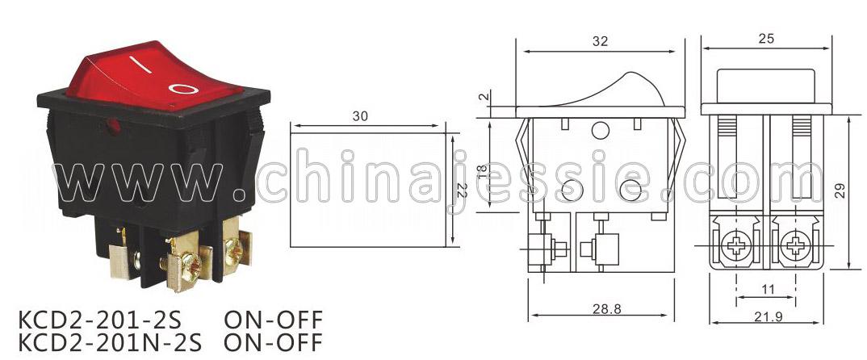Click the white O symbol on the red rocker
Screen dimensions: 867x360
[x=183, y=88]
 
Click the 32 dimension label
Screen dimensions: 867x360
[x=600, y=41]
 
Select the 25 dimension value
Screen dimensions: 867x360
[x=766, y=38]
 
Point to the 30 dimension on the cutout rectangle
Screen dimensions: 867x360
[x=360, y=116]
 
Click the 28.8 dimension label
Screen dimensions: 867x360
[x=606, y=308]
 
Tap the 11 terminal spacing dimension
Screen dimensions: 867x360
[x=768, y=289]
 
